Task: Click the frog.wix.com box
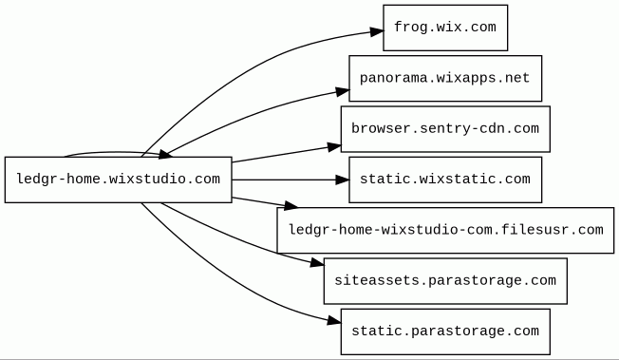(x=445, y=28)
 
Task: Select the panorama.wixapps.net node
(x=445, y=78)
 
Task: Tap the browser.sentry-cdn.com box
(x=445, y=129)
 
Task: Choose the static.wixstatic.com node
(x=445, y=180)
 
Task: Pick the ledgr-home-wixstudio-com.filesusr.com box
(x=445, y=231)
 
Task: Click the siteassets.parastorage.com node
(x=445, y=281)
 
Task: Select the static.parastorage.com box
(x=445, y=332)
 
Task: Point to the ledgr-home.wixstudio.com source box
(x=119, y=180)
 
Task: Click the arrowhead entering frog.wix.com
(x=377, y=32)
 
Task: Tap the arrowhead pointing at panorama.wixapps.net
(x=343, y=92)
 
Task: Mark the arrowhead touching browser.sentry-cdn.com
(x=334, y=147)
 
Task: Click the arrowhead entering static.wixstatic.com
(x=343, y=180)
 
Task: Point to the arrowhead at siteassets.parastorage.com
(x=317, y=263)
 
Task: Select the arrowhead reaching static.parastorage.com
(x=334, y=322)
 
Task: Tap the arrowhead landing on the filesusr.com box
(x=291, y=205)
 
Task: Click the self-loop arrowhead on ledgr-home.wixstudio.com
(x=165, y=155)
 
